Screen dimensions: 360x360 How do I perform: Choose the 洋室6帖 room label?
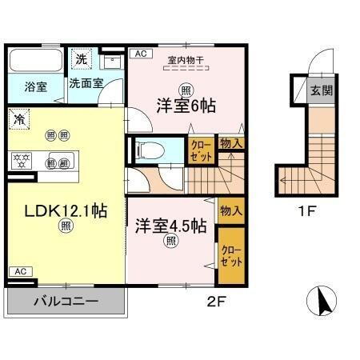coord(186,105)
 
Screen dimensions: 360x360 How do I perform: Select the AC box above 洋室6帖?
coord(139,54)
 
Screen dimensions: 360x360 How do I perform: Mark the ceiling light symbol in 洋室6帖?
coord(186,89)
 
